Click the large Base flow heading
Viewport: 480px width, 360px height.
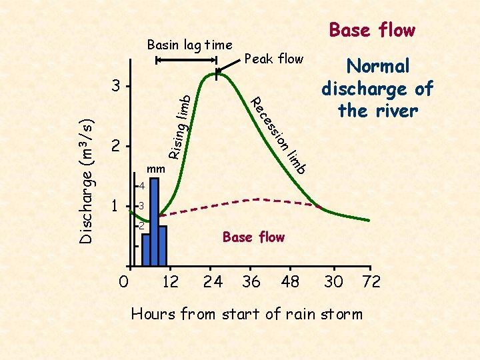[x=372, y=30]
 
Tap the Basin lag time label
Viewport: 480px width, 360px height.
[x=189, y=45]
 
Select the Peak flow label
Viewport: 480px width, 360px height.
[x=274, y=59]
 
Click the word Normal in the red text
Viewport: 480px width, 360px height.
[x=377, y=66]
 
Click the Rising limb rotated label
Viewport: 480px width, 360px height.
[x=181, y=127]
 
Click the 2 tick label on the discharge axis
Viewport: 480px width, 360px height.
[x=116, y=145]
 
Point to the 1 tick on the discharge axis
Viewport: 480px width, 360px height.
[x=115, y=207]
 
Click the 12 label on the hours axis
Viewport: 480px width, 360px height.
[x=171, y=281]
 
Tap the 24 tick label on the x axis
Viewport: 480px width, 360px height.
[x=213, y=281]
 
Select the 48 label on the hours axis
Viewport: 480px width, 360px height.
[x=291, y=281]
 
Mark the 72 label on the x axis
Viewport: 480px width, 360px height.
[x=371, y=281]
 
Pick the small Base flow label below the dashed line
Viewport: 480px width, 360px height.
[x=253, y=237]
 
